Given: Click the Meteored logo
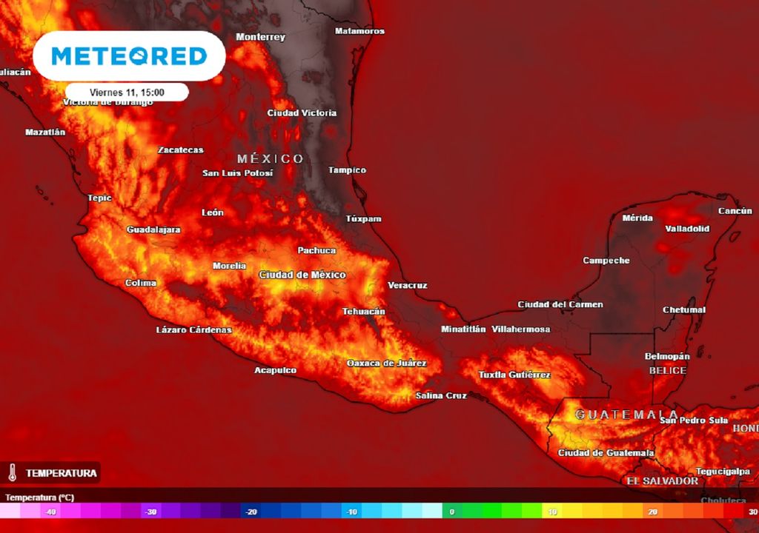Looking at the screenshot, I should (x=128, y=56).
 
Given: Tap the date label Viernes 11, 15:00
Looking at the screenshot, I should (x=127, y=93).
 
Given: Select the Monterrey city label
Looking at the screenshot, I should (x=260, y=37).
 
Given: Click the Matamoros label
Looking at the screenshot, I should (x=359, y=31).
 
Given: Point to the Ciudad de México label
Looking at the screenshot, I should (x=302, y=275).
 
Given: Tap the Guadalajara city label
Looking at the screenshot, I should (x=153, y=229).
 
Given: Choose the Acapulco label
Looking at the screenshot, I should (x=275, y=370).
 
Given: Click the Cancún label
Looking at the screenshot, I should (x=735, y=211).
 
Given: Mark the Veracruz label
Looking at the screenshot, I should (x=407, y=285).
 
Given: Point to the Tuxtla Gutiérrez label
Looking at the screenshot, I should (x=514, y=375).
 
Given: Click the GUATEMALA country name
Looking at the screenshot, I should (x=626, y=415).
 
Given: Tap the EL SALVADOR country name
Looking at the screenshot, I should (x=662, y=480).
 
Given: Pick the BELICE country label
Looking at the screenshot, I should (x=667, y=370).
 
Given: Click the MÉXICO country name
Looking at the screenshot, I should (x=271, y=158).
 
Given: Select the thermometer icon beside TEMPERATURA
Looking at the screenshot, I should (x=13, y=472).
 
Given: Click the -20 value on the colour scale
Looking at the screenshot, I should (x=251, y=512).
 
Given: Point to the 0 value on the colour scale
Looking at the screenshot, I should (x=451, y=512).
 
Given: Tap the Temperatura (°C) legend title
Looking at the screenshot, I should (x=39, y=497).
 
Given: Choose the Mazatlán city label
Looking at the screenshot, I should (x=45, y=132).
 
